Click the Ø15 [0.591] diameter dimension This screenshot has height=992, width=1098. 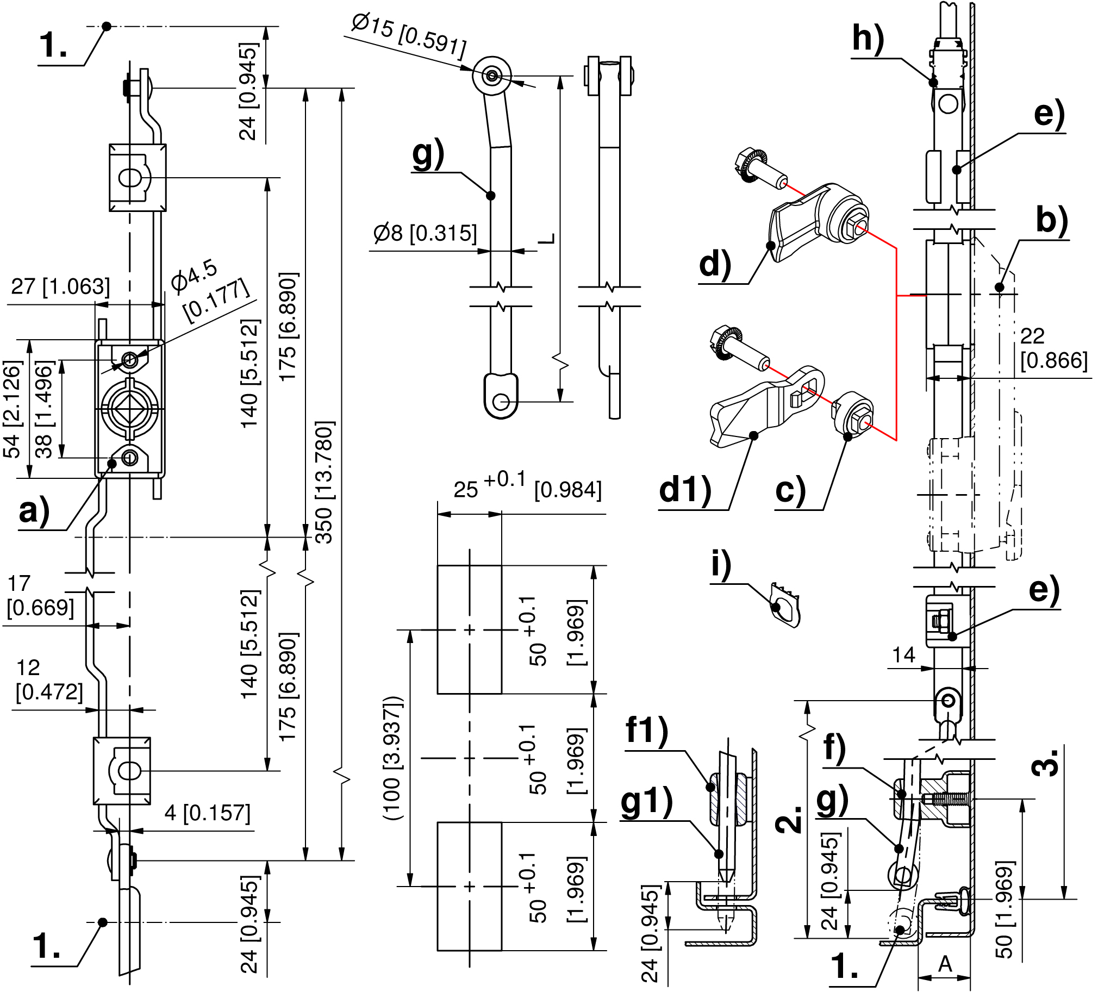(x=408, y=37)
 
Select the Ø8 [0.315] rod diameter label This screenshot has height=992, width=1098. (x=425, y=234)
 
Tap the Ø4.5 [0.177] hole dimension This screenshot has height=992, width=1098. (x=209, y=294)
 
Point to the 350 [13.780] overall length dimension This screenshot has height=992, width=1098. (x=324, y=482)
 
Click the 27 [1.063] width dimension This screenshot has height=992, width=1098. (x=60, y=286)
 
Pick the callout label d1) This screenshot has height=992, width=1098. (x=685, y=489)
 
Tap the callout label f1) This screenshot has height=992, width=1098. (x=646, y=729)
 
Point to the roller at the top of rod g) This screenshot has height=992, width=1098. (x=492, y=75)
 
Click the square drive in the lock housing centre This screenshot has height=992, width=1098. (x=129, y=408)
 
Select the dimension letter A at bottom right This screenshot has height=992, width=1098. (x=945, y=965)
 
